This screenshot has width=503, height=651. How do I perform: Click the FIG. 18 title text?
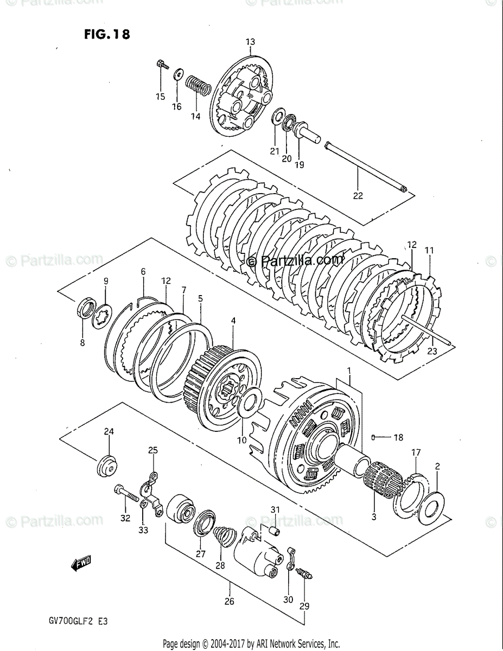tap(107, 34)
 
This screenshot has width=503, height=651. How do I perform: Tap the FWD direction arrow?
tap(81, 564)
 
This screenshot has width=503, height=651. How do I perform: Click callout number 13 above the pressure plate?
tap(250, 42)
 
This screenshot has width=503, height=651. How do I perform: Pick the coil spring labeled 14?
tap(199, 86)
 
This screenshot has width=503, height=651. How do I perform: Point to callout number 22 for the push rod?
tap(358, 195)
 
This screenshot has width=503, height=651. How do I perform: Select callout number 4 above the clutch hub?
tap(233, 321)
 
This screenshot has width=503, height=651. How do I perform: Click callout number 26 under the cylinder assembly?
tap(229, 601)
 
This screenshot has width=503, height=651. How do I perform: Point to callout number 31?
tap(275, 509)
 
